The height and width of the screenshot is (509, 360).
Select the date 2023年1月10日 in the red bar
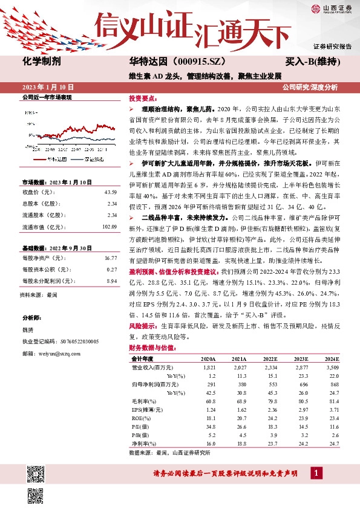47,87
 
